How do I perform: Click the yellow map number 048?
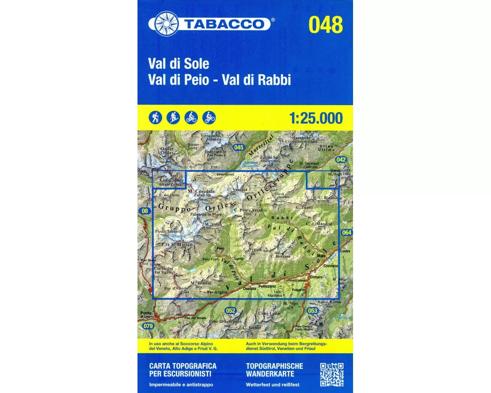pyautogui.click(x=326, y=25)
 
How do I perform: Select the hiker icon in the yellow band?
pyautogui.click(x=156, y=117)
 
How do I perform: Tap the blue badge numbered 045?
pyautogui.click(x=239, y=147)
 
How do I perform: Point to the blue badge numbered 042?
pyautogui.click(x=341, y=160)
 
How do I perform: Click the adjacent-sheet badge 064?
pyautogui.click(x=347, y=232)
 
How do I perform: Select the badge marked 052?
pyautogui.click(x=230, y=310)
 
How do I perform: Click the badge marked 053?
pyautogui.click(x=313, y=310)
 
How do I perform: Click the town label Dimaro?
pyautogui.click(x=317, y=277)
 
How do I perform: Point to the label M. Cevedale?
pyautogui.click(x=201, y=191)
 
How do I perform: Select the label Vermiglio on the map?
pyautogui.click(x=218, y=292)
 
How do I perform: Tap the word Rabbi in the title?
pyautogui.click(x=276, y=81)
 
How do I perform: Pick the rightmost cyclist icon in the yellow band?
pyautogui.click(x=209, y=117)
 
